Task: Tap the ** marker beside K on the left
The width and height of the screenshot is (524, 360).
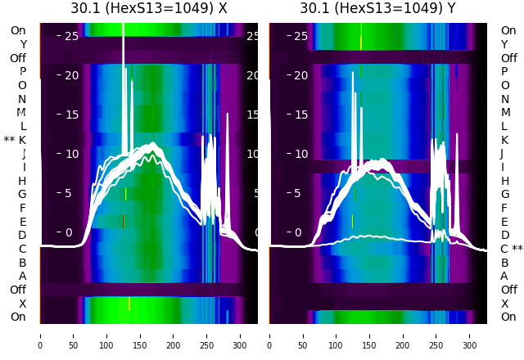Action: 9,140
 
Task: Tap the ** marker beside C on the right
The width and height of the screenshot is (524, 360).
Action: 517,249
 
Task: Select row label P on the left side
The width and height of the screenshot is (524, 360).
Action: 23,72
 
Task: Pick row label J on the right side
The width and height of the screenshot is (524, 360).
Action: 501,154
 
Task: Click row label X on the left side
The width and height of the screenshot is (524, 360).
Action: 23,304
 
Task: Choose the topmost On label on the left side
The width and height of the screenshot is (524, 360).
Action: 18,30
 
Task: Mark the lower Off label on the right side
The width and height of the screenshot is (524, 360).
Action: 508,290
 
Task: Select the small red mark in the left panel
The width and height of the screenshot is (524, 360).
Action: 124,221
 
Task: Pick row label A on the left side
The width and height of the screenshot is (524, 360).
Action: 23,277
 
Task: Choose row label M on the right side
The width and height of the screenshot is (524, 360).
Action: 504,113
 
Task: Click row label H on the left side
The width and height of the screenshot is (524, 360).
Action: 23,181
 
